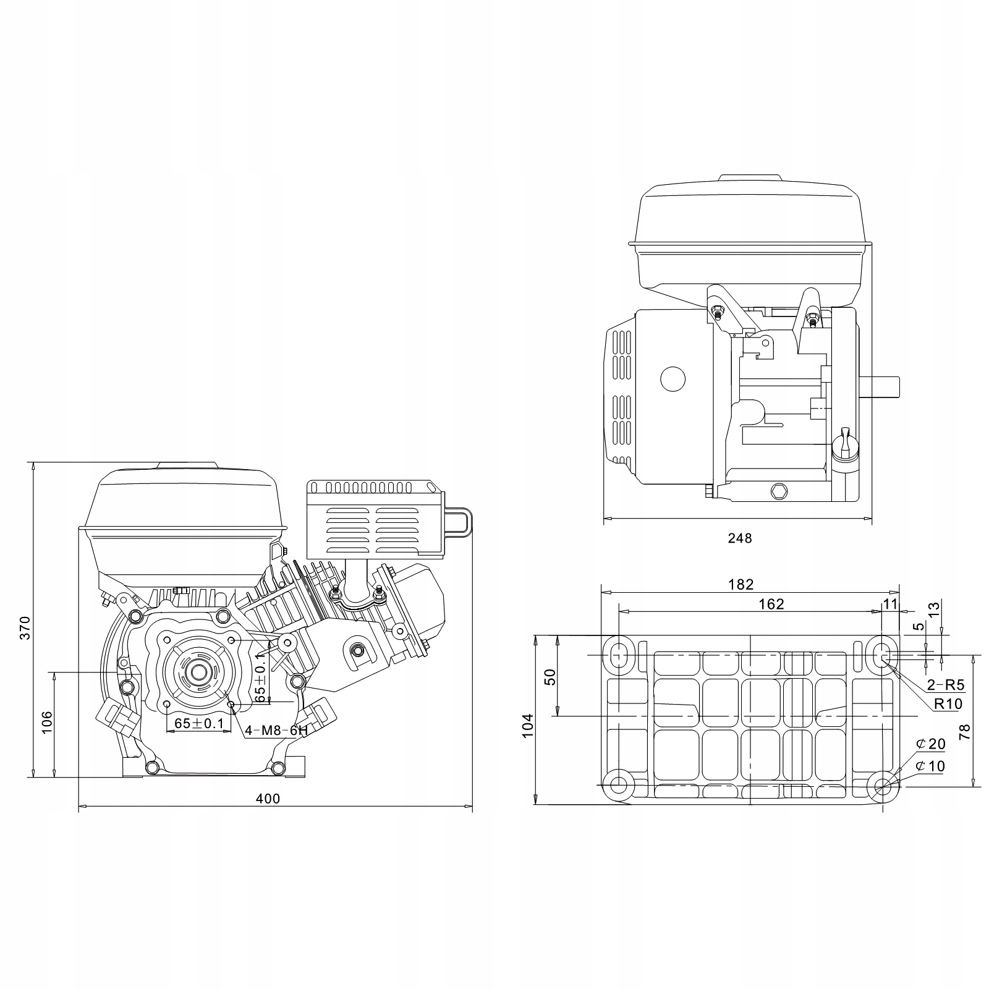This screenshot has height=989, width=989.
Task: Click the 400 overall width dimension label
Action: click(x=268, y=799)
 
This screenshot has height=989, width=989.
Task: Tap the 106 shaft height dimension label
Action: click(x=47, y=723)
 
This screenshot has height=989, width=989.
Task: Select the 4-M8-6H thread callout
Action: click(x=276, y=731)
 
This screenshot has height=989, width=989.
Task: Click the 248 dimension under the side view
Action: click(x=739, y=538)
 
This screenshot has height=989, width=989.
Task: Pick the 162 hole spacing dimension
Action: click(x=771, y=604)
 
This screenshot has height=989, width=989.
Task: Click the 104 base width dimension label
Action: click(x=527, y=726)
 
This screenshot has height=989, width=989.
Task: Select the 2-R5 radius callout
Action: click(x=945, y=684)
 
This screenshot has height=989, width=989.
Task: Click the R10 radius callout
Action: click(x=948, y=703)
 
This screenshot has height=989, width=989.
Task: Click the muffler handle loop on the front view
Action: click(x=461, y=520)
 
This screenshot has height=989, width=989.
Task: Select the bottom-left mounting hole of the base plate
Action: click(x=618, y=785)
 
